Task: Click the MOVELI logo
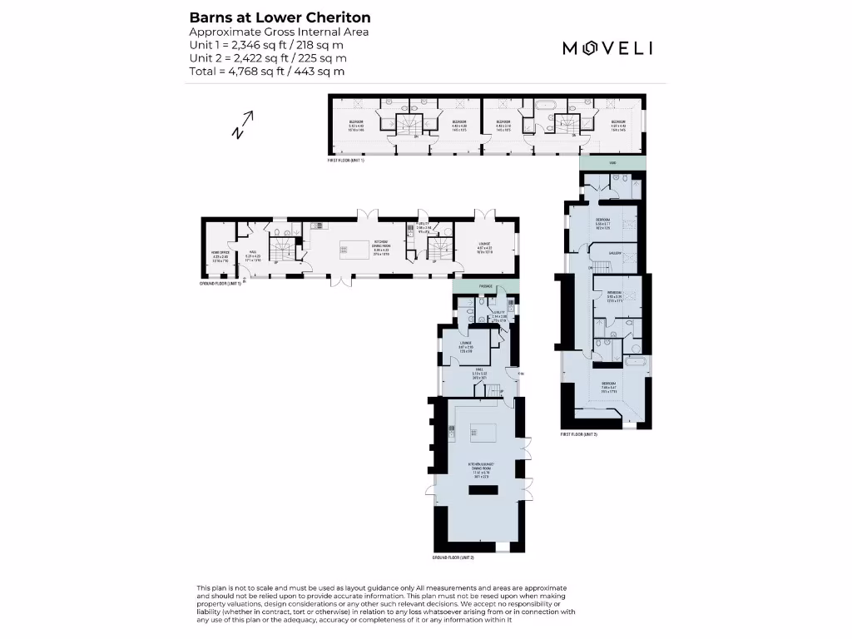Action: coord(607,47)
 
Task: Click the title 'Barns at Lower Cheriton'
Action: coord(280,17)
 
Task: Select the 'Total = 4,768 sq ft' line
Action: coord(267,72)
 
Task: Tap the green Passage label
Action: coord(486,286)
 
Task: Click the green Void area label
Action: coord(612,164)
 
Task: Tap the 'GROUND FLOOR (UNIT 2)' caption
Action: coord(453,557)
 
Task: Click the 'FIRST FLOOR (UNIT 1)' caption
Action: coord(346,160)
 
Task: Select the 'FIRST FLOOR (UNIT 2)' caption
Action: coord(579,434)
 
